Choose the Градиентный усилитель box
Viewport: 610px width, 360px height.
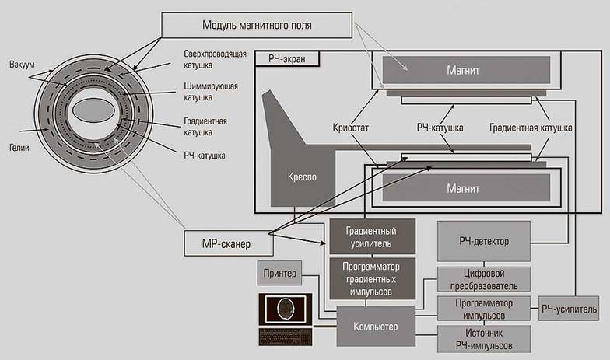coord(373,236)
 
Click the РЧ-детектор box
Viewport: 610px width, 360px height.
coord(484,241)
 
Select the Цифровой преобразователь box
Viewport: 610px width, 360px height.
coord(484,279)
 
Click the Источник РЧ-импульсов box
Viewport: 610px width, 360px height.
coord(484,337)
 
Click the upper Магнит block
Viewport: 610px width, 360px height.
coord(464,71)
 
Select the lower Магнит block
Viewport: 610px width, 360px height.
coord(464,187)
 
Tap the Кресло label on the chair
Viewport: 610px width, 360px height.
coord(300,177)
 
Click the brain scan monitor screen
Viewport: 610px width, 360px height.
coord(285,309)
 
